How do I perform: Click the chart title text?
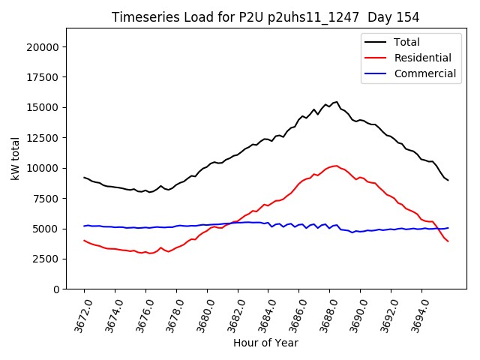(265, 16)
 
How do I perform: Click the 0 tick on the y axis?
(56, 289)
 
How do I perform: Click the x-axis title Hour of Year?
(265, 343)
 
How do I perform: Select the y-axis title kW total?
(15, 159)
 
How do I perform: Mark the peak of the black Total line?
(337, 102)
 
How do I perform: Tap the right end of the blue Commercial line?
(448, 228)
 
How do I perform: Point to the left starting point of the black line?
(84, 177)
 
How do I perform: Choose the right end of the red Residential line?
(448, 241)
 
